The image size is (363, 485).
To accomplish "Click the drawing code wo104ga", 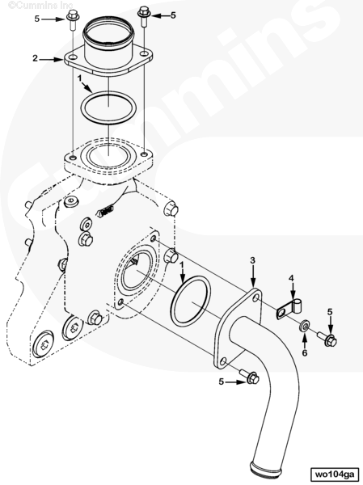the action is pos(336,474).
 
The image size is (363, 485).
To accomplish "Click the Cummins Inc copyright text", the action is pos(40,6).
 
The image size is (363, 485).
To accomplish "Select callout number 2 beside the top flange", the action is pos(35,58).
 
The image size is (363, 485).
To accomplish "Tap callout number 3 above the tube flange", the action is pos(253,260).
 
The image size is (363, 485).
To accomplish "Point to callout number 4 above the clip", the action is pos(291,278).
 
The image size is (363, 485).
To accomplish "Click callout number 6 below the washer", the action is pos(305,353).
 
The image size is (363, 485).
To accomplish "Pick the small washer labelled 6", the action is pos(305,326).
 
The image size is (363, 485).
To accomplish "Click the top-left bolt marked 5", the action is pos(73,19).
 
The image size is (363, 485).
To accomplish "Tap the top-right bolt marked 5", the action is pos(144,16).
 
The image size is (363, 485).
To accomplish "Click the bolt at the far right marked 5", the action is pos(327,339).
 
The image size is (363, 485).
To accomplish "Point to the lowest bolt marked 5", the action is pos(249,376).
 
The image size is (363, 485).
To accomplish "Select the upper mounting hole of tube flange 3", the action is pos(256,297).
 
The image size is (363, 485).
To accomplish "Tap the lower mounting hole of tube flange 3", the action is pos(223,361).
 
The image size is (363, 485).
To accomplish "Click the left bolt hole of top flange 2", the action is pos(73,57).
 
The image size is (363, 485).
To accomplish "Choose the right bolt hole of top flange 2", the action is pos(144,53).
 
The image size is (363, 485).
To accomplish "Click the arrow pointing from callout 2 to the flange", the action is pos(52,58).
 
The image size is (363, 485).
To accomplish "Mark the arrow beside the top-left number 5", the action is pos(53,19).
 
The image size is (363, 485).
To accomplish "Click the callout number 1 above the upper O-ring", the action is pos(80,78).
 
